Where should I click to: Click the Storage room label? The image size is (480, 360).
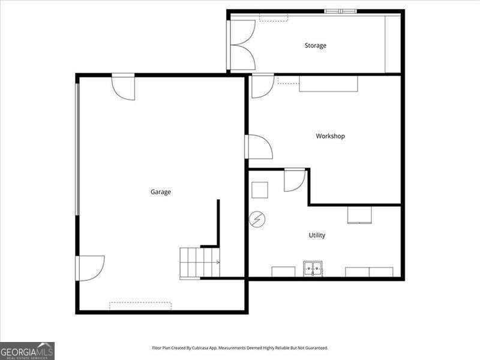point(315,46)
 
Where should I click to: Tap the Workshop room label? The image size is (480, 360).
point(330,136)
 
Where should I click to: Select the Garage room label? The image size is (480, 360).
point(160,192)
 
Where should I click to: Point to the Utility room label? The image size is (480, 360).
point(317,235)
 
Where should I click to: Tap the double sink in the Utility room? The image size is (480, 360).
point(313,269)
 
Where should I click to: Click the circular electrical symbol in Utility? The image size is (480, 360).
point(257,220)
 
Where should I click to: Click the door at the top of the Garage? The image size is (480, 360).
point(124,85)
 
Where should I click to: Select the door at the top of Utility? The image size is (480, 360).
point(293,179)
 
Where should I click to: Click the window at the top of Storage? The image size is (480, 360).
point(340,11)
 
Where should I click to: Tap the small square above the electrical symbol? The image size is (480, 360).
point(259,190)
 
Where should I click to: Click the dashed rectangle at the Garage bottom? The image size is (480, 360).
point(140,305)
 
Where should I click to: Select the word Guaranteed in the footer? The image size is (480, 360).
point(314,348)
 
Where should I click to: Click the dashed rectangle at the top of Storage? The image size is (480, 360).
point(273,18)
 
